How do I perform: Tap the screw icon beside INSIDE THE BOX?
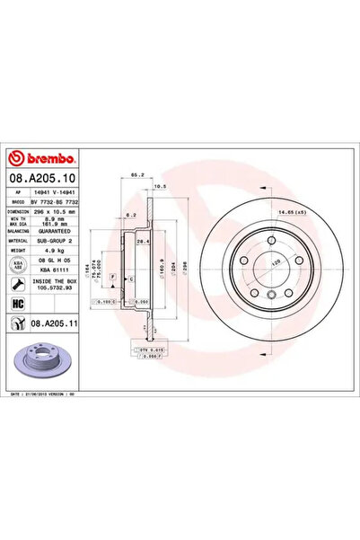16,283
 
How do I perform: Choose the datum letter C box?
131,279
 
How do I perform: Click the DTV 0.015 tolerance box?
152,348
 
